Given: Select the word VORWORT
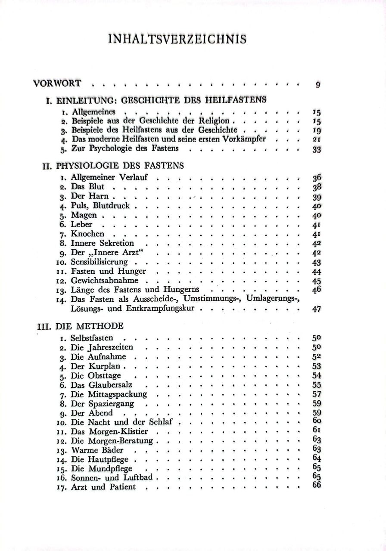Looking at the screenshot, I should coord(57,84).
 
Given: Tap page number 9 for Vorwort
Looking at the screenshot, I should coord(318,85).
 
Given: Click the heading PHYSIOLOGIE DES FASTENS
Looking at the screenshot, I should coord(120,165).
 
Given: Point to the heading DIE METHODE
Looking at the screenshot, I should coord(89,325).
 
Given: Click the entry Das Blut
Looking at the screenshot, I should coord(87,187).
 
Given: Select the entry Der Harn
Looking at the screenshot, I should coord(90,196).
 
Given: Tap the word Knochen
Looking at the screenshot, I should coord(87,234).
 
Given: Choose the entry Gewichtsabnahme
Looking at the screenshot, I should coord(105,281).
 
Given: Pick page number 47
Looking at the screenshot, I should coord(317,309).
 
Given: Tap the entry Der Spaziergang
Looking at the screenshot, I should coord(103,404).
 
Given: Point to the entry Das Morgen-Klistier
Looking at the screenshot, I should coord(109,431).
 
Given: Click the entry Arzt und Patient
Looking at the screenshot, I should coord(103,487).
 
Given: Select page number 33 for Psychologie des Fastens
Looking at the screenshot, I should coord(317,150).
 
